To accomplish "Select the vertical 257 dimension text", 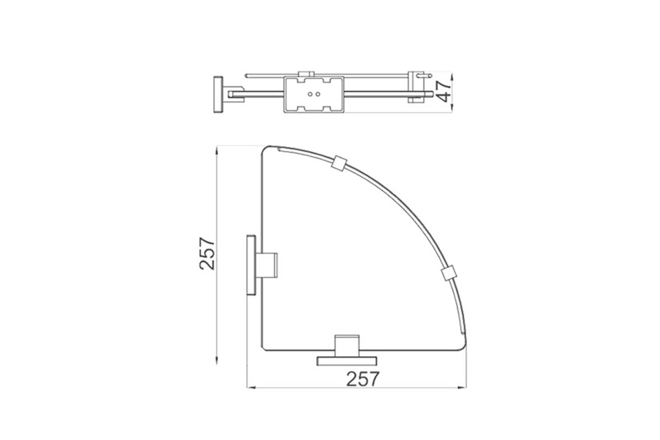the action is (x=207, y=254).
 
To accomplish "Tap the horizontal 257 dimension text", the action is (x=362, y=379).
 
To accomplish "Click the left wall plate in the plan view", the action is (x=251, y=265).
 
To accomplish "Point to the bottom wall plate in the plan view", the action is (x=347, y=361).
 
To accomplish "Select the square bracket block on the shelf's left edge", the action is (x=267, y=265).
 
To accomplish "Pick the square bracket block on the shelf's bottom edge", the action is (x=347, y=346).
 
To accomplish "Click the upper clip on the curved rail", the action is (x=339, y=163).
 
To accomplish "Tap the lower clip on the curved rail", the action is (x=449, y=274).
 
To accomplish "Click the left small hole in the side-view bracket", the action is (x=310, y=94).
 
